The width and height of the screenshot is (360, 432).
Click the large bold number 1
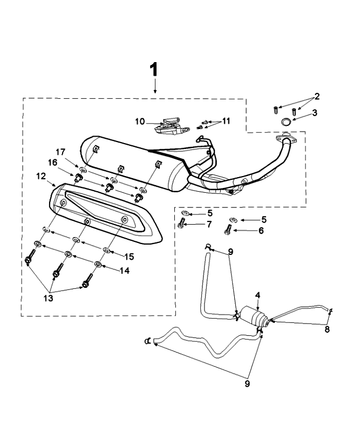pyautogui.click(x=154, y=69)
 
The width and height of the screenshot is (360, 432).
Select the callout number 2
pyautogui.click(x=317, y=97)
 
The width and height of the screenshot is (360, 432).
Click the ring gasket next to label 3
pyautogui.click(x=287, y=123)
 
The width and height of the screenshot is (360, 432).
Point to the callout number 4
pyautogui.click(x=258, y=295)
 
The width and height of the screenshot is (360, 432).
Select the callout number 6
pyautogui.click(x=261, y=230)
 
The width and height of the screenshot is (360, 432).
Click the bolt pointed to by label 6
pyautogui.click(x=228, y=231)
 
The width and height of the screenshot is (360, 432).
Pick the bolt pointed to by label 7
pyautogui.click(x=182, y=224)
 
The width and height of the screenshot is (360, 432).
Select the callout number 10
pyautogui.click(x=140, y=122)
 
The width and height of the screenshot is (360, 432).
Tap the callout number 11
pyautogui.click(x=226, y=121)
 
